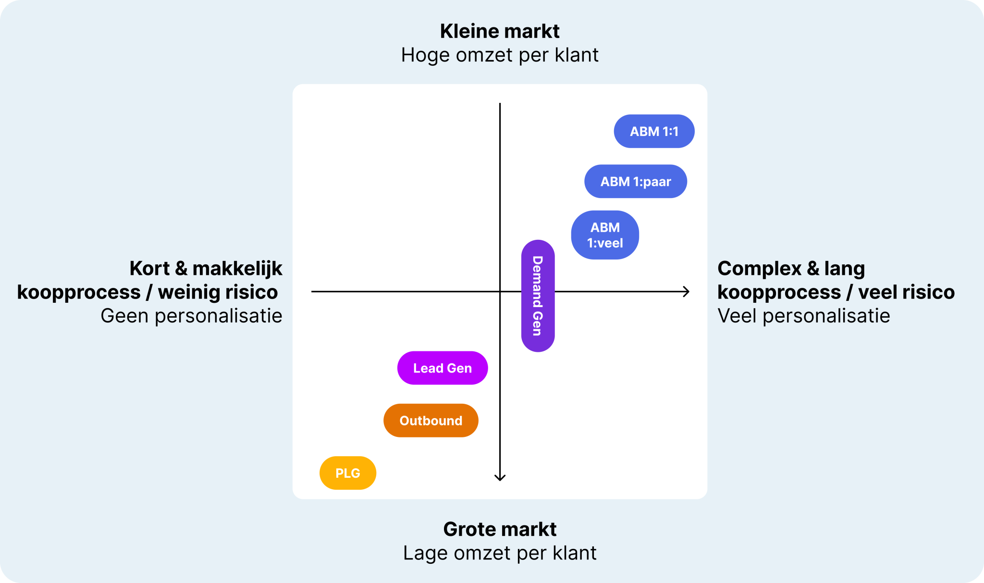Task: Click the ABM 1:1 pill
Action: pos(654,131)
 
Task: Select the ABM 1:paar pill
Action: pos(635,182)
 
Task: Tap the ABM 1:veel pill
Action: pos(604,235)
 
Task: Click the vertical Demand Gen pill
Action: pos(538,296)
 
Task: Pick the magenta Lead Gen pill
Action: pos(442,368)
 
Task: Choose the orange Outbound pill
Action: pos(430,421)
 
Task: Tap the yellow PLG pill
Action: pos(347,473)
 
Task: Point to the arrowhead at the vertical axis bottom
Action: pos(500,477)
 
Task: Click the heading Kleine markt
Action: pos(500,31)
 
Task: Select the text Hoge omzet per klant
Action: pos(500,55)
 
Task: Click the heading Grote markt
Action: pos(500,529)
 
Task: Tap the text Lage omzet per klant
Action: pos(500,553)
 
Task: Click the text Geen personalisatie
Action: pos(191,316)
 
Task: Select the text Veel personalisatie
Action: pos(803,316)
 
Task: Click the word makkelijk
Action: pos(237,269)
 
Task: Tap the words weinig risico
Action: pos(218,292)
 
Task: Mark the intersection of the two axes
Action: pos(500,291)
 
